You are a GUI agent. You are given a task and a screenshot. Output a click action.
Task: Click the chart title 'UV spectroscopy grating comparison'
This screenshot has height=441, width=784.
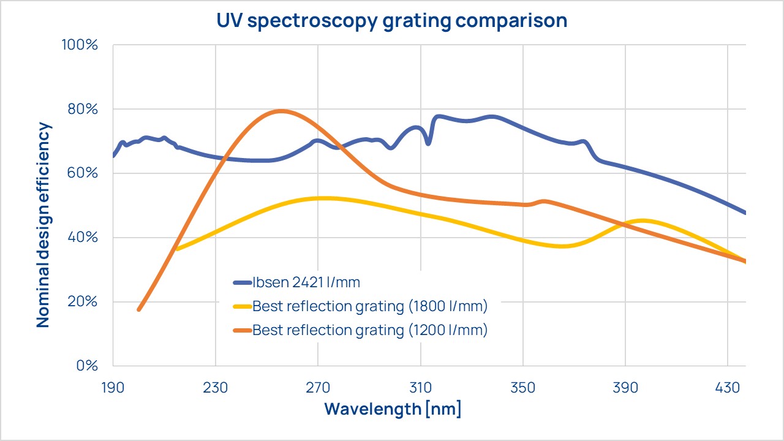point(392,20)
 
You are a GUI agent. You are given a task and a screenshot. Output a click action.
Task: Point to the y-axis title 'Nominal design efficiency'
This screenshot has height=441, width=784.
point(43,225)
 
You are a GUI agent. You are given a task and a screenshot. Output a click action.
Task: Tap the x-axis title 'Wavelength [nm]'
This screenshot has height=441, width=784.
point(392,409)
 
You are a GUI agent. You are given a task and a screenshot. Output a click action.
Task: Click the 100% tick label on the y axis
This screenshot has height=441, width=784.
point(79,45)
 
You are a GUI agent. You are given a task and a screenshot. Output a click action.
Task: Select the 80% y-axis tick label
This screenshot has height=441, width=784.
point(82,110)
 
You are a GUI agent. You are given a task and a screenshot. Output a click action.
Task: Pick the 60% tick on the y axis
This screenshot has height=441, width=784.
point(82,173)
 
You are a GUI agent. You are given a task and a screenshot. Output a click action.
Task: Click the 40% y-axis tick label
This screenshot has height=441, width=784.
point(82,238)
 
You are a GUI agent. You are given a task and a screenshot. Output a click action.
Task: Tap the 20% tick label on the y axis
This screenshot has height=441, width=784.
point(82,301)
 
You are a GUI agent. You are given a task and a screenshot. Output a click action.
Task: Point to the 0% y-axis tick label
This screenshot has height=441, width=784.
point(85,366)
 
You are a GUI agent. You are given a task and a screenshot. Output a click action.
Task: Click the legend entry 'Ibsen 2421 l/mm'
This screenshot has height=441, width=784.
point(306,282)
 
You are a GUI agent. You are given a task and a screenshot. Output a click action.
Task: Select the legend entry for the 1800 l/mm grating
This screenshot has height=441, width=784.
point(369,306)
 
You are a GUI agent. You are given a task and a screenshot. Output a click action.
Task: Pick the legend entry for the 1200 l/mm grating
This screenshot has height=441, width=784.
point(369,330)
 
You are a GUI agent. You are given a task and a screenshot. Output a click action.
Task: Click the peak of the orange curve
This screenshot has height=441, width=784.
point(281,111)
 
